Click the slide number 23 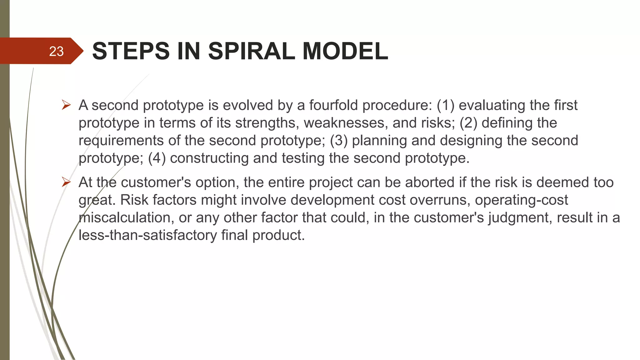(56, 51)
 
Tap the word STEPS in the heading (131, 51)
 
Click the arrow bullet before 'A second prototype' (66, 105)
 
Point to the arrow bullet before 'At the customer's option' (66, 182)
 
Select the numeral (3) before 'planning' (339, 140)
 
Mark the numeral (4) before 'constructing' (157, 158)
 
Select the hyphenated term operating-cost (521, 200)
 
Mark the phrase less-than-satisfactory (147, 235)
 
